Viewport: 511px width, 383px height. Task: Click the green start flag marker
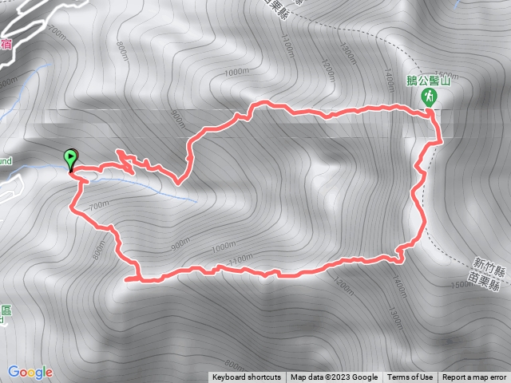[71, 158]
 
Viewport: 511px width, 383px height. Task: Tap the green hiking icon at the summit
[430, 97]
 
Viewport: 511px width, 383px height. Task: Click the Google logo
[30, 372]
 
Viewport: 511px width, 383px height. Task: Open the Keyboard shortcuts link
[247, 377]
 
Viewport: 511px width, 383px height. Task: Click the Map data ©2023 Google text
[334, 377]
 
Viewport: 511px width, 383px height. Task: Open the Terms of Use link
[410, 377]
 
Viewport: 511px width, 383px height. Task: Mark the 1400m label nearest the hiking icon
[388, 80]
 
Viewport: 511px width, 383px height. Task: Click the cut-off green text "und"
[5, 160]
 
